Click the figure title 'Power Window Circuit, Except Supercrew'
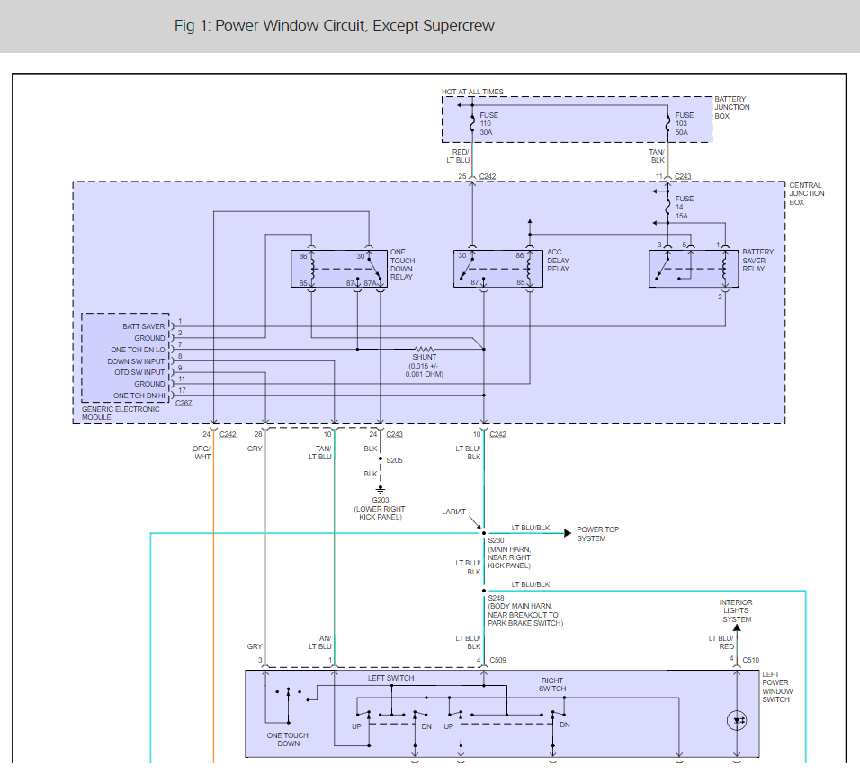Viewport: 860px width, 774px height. (x=335, y=25)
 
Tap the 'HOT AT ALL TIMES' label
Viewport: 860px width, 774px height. (x=472, y=92)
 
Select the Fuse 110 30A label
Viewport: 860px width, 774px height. (x=488, y=123)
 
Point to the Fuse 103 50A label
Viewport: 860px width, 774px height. (x=685, y=123)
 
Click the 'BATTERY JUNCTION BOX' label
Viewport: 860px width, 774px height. (x=731, y=108)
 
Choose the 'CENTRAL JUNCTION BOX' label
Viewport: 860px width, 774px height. (x=806, y=193)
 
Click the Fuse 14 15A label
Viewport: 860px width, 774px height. (x=684, y=207)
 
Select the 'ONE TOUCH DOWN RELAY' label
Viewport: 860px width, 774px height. (x=402, y=265)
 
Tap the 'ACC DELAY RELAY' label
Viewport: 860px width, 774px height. (x=558, y=261)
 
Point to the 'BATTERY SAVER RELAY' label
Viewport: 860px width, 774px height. (x=757, y=261)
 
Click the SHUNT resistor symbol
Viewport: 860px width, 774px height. (x=425, y=349)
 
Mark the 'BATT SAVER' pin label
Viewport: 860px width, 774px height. (x=144, y=326)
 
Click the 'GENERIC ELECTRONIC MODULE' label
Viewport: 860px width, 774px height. (x=121, y=413)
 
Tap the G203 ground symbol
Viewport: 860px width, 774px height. (x=381, y=490)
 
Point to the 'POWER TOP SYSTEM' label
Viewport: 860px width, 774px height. (x=597, y=534)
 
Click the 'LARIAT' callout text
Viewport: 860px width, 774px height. (x=454, y=512)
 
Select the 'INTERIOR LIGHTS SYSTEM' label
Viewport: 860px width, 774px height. (x=735, y=610)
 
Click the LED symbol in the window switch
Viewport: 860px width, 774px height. (x=738, y=720)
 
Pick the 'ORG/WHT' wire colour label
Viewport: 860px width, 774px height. (x=202, y=452)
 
